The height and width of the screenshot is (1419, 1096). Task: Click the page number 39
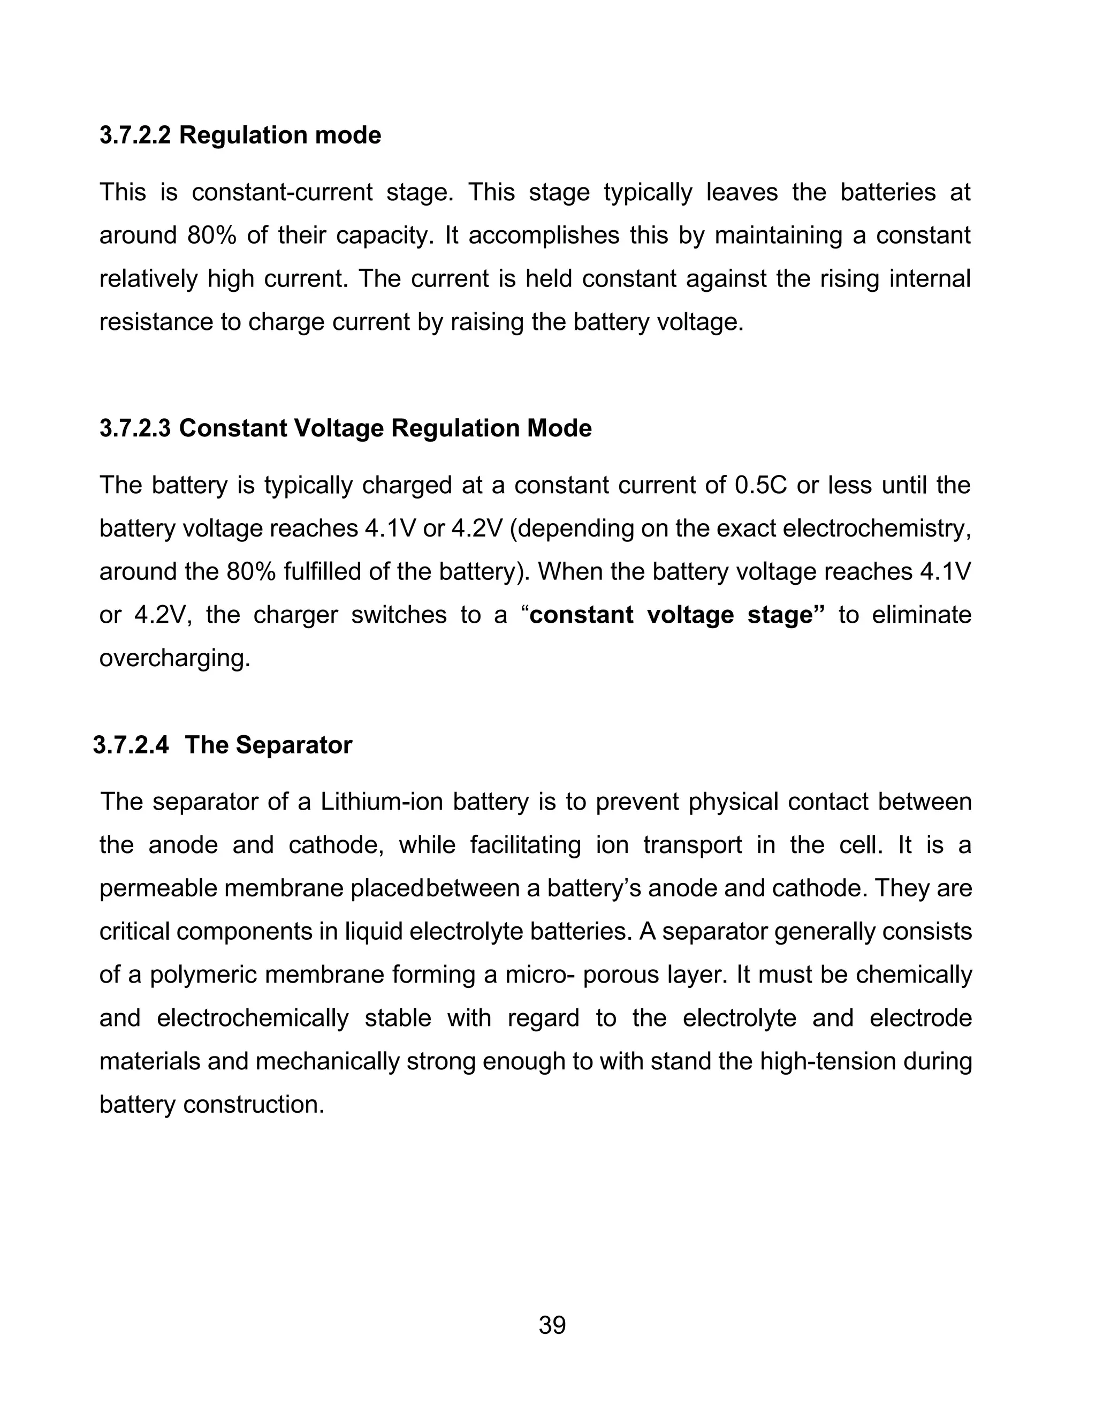[x=552, y=1325]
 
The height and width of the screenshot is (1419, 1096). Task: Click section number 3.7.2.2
[x=135, y=135]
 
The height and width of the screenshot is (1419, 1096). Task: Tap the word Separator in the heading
[x=294, y=745]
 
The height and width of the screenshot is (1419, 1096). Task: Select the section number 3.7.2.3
[x=135, y=428]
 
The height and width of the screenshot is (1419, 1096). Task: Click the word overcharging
[x=174, y=658]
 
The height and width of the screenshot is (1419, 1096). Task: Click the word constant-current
[x=282, y=192]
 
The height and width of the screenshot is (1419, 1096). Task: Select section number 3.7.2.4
[x=131, y=745]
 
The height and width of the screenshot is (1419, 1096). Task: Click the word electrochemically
[x=253, y=1018]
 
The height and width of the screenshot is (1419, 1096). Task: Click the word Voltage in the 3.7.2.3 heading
[x=338, y=428]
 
